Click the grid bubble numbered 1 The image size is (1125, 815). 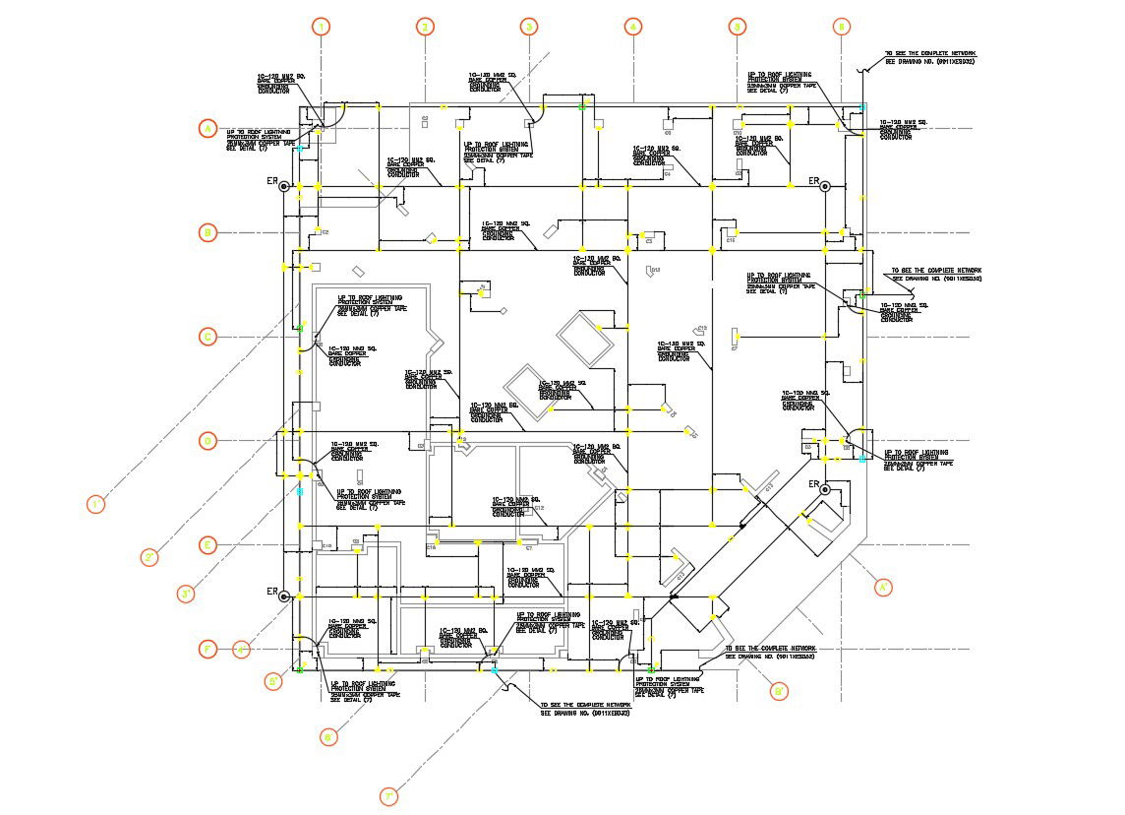click(x=322, y=27)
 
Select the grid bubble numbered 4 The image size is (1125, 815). click(x=633, y=27)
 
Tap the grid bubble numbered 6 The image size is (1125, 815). click(x=841, y=27)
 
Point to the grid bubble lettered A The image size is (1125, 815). click(x=207, y=128)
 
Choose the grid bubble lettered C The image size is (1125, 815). click(x=207, y=337)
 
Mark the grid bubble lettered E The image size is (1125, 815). click(x=207, y=544)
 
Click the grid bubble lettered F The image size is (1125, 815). click(x=207, y=649)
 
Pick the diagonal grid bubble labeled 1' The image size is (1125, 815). click(x=96, y=505)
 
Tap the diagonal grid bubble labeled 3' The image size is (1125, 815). click(x=187, y=594)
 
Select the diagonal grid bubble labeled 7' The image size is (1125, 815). click(x=389, y=796)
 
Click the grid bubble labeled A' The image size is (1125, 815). click(x=883, y=587)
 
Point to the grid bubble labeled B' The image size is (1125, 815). click(x=779, y=692)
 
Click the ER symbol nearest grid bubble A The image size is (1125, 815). click(x=283, y=185)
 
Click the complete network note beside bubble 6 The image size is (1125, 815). click(x=928, y=57)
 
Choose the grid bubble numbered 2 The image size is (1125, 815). click(x=425, y=27)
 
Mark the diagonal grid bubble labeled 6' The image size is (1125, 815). click(x=329, y=735)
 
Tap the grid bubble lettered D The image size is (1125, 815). click(x=207, y=440)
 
